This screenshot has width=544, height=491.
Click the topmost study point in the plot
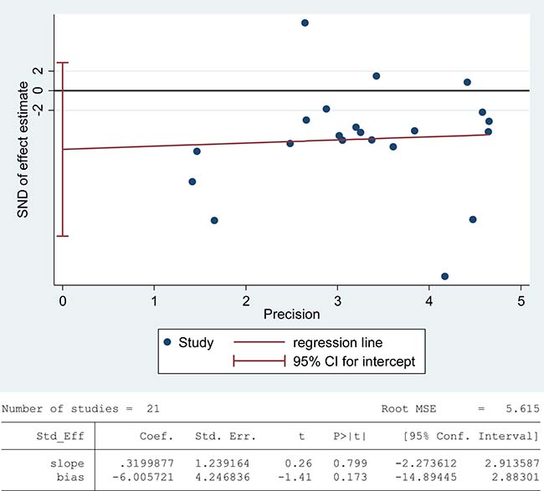[305, 23]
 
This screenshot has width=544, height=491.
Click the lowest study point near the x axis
[444, 276]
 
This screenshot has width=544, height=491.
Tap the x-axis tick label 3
[337, 301]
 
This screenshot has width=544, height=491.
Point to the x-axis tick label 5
[521, 301]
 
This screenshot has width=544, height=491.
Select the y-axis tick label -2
[38, 110]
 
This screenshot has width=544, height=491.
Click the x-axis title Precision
[291, 315]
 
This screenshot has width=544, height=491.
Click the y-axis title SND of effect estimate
[23, 150]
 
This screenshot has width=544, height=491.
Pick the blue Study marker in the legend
[167, 342]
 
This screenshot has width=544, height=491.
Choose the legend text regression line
[337, 343]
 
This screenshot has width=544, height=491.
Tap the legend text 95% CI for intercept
[354, 361]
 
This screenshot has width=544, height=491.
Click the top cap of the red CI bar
[63, 63]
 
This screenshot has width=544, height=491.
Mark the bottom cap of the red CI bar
[63, 236]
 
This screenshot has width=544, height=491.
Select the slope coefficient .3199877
[146, 463]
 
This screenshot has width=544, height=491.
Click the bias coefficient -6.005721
[142, 477]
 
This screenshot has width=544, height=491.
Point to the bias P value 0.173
[350, 477]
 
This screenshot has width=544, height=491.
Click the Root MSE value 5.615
[522, 409]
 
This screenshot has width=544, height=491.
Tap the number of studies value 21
[152, 409]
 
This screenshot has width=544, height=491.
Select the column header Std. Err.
[225, 436]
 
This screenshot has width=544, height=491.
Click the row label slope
[67, 463]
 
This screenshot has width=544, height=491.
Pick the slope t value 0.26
[298, 463]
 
